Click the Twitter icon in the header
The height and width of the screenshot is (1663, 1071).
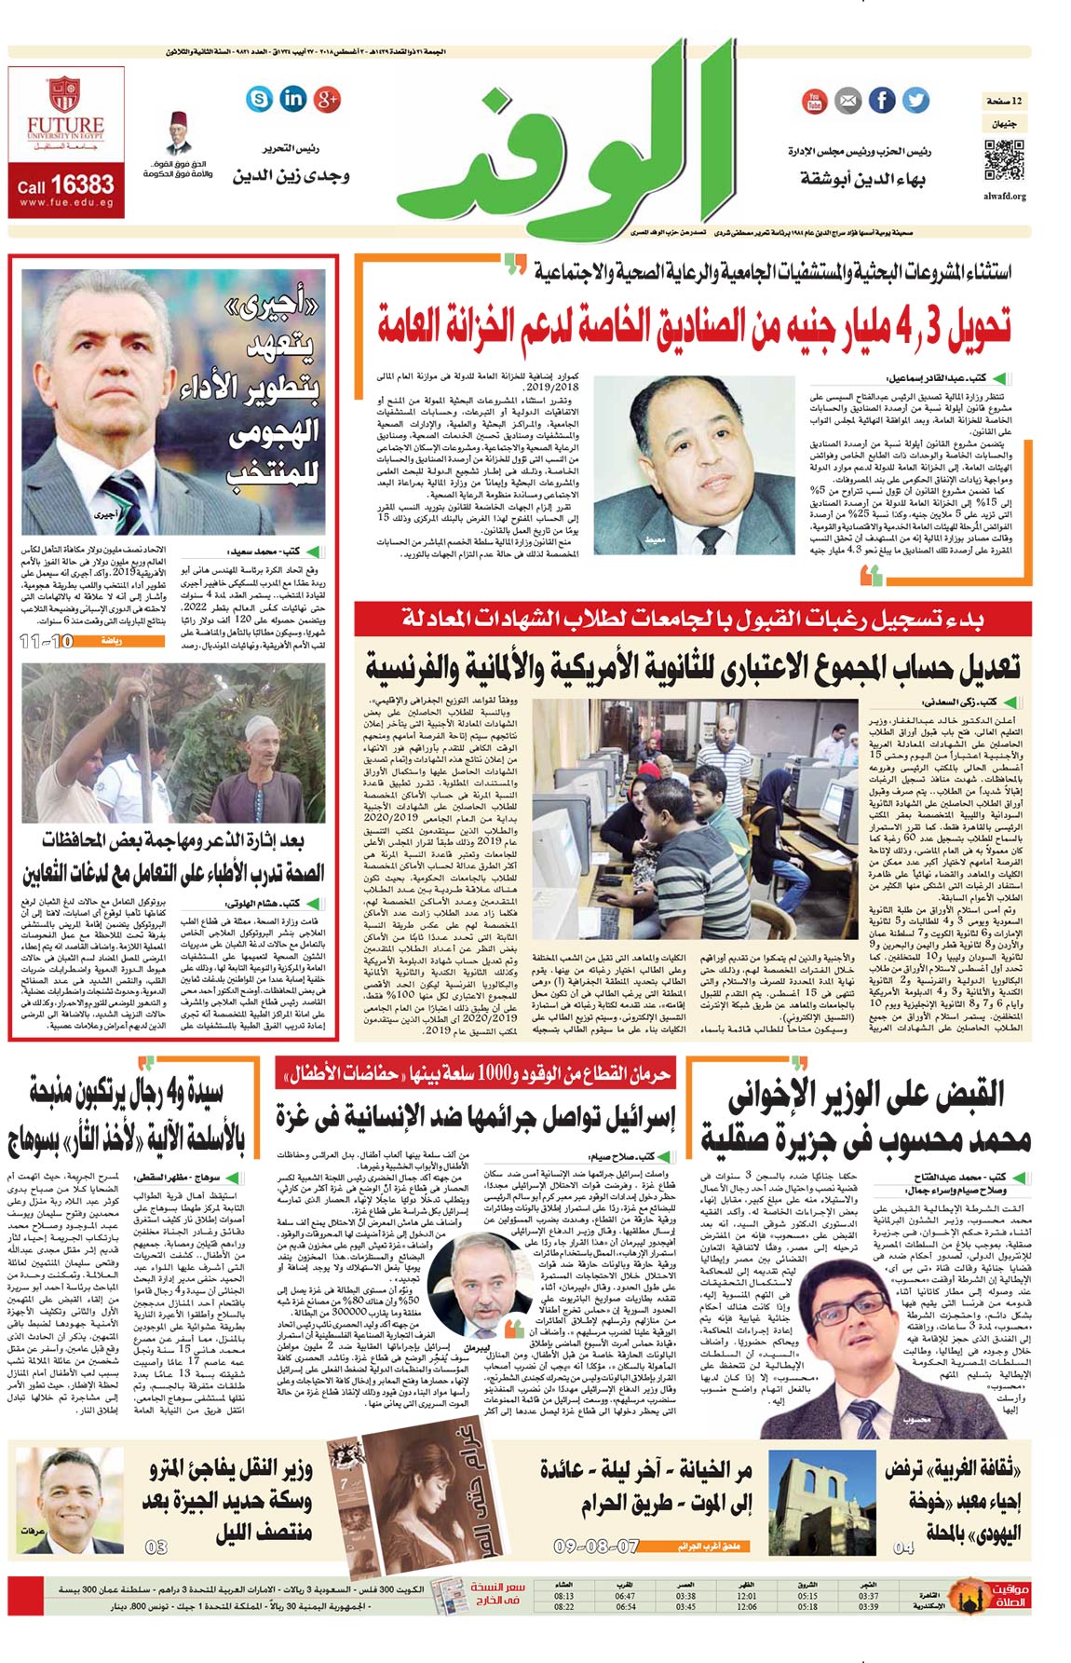(915, 100)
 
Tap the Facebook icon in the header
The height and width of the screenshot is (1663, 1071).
(881, 100)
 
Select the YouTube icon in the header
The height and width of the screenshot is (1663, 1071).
(814, 101)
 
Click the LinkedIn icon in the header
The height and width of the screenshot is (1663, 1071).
(292, 99)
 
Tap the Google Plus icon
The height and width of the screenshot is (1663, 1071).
(327, 99)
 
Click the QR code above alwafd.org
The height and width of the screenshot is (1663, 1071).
(1004, 159)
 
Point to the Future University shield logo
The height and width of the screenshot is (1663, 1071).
(64, 95)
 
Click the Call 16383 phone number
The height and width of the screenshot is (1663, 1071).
(65, 186)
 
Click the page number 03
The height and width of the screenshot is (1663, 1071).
(156, 1547)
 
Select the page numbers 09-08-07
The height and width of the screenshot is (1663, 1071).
(596, 1546)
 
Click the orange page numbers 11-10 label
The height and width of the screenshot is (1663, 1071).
(47, 641)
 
